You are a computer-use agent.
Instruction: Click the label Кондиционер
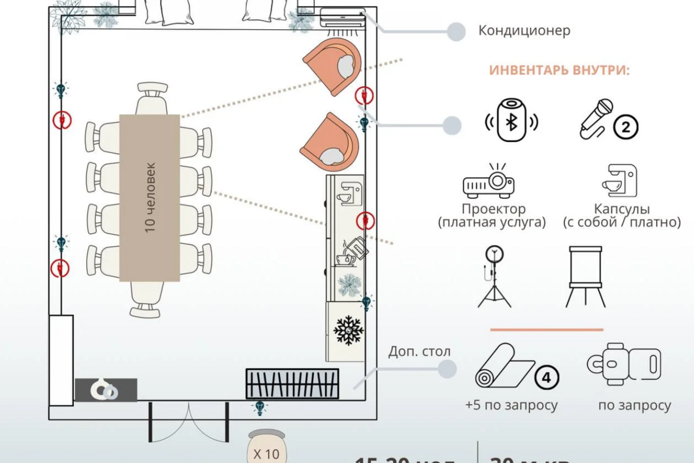click(524, 30)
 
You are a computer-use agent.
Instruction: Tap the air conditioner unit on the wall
click(342, 17)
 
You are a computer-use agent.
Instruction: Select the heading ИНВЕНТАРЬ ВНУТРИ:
click(560, 70)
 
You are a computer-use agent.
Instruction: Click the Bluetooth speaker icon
click(511, 120)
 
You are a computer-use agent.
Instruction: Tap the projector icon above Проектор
click(489, 182)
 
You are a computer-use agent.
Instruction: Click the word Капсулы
click(621, 209)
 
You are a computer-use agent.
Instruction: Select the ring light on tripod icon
click(494, 276)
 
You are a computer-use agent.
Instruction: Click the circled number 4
click(546, 377)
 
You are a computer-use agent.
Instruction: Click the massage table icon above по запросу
click(624, 364)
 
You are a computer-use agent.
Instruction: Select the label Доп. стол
click(419, 351)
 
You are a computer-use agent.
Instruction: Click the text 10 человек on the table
click(150, 197)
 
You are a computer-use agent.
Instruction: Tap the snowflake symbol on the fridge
click(348, 330)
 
